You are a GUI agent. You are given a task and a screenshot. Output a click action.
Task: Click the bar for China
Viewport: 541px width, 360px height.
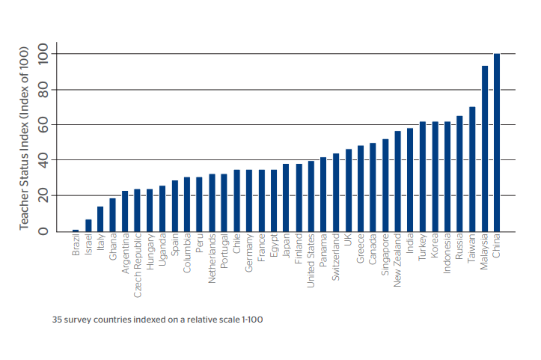[x=497, y=142]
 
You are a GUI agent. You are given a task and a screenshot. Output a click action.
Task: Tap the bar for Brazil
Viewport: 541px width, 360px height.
[x=76, y=230]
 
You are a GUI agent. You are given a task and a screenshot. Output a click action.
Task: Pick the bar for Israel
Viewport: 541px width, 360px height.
[x=88, y=225]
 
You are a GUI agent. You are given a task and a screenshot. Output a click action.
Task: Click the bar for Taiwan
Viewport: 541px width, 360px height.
[x=472, y=168]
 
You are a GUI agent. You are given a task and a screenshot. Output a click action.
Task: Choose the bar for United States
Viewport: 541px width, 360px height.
[x=311, y=196]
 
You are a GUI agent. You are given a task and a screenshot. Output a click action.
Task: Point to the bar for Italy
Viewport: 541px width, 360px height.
[x=100, y=219]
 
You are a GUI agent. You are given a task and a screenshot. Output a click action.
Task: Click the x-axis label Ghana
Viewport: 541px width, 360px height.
[x=113, y=247]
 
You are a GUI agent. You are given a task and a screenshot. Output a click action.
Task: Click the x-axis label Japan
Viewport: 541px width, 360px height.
[x=287, y=246]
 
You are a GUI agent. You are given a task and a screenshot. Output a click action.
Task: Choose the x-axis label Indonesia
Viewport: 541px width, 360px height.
[x=447, y=254]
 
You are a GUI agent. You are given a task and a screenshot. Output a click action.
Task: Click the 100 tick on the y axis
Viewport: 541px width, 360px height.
[x=43, y=55]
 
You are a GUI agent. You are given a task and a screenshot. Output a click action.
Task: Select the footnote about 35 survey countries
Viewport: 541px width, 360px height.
[x=157, y=319]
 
